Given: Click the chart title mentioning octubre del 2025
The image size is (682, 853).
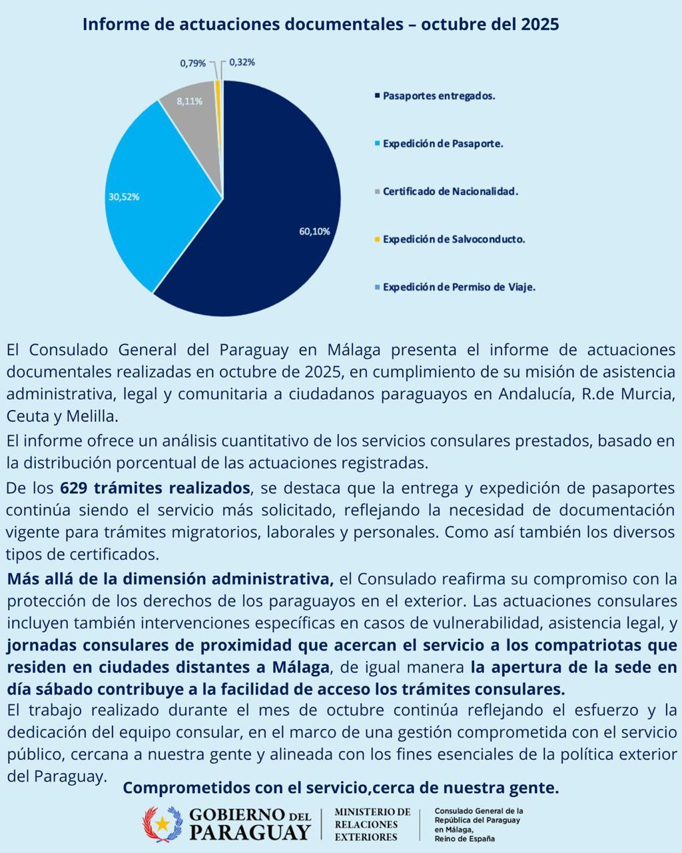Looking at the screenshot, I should click(320, 25).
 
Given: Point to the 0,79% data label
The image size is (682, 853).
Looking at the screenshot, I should click(193, 63).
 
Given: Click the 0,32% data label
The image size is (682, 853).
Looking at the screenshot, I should click(242, 62).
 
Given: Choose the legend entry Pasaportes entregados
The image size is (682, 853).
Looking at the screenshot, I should click(438, 96).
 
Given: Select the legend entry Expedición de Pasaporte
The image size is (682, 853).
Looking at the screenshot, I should click(442, 143).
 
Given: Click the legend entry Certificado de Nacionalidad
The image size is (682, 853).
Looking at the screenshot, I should click(450, 191).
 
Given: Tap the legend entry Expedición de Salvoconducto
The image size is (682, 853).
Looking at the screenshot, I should click(453, 239).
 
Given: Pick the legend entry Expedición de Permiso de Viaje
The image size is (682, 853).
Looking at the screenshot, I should click(458, 287).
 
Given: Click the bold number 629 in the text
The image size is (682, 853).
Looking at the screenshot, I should click(73, 488).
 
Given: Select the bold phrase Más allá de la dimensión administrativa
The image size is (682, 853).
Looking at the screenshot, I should click(170, 578).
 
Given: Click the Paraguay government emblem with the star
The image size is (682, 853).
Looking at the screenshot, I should click(163, 824).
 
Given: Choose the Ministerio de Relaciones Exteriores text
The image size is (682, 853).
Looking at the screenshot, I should click(372, 824).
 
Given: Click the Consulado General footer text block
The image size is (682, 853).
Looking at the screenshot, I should click(478, 824).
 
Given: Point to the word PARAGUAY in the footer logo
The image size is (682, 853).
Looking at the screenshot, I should click(250, 832).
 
